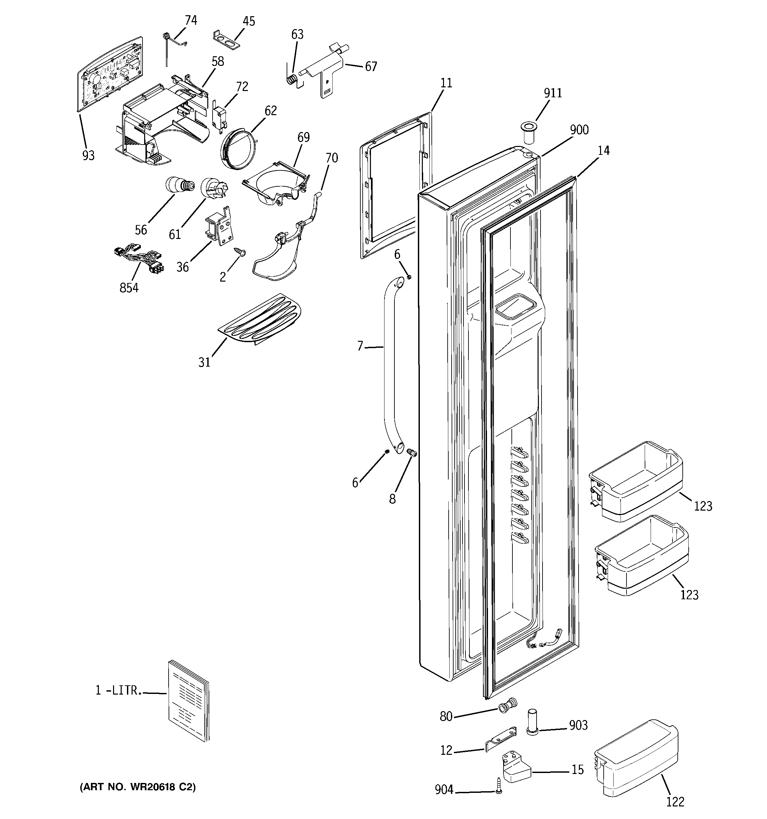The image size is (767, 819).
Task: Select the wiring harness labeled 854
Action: (138, 258)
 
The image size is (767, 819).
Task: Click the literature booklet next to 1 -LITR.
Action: (188, 706)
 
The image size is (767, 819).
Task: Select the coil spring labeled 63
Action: (292, 79)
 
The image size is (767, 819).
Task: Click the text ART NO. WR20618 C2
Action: (138, 787)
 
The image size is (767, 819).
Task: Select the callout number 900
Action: (579, 130)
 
